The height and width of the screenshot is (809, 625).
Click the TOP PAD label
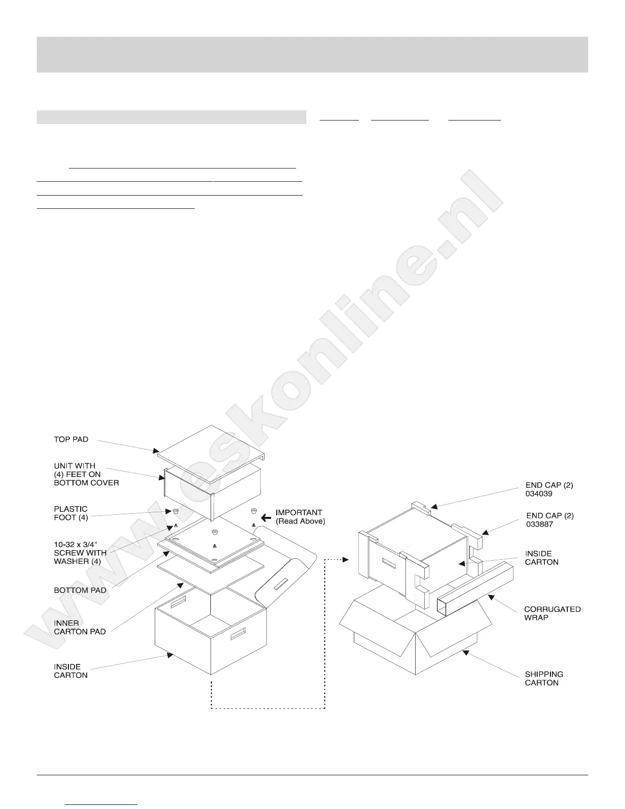71,439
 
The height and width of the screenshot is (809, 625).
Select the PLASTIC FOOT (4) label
70,513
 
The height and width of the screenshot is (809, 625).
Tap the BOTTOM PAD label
80,590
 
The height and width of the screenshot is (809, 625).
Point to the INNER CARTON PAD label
80,627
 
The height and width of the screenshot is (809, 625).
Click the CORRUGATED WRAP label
552,613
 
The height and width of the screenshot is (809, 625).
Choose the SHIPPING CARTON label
544,678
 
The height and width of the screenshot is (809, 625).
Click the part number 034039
539,494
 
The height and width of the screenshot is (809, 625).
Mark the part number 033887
539,524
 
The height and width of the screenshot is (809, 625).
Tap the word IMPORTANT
299,512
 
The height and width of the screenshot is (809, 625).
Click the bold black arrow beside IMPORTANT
266,516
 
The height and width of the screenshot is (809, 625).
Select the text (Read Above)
300,521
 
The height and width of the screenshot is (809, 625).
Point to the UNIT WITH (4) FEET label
86,474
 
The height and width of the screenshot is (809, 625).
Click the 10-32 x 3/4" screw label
80,553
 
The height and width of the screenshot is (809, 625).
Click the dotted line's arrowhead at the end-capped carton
347,560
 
